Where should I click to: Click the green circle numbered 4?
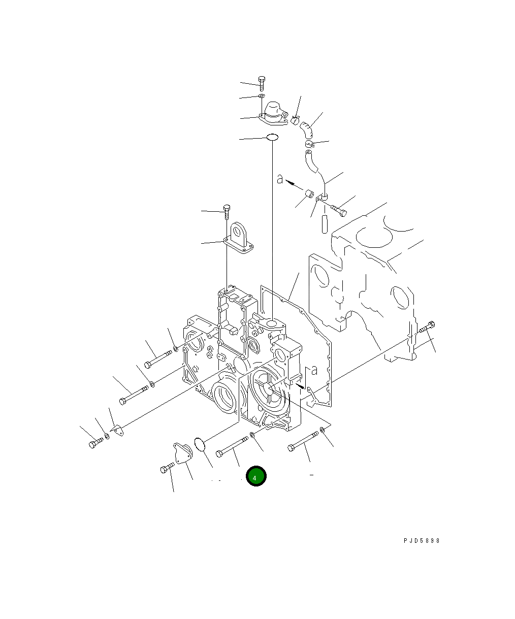click(x=256, y=476)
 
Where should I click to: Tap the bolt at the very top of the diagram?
click(x=262, y=84)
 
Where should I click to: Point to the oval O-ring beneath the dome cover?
click(x=272, y=137)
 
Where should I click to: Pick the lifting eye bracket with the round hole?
click(x=238, y=239)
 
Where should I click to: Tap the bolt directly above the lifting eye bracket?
click(x=227, y=212)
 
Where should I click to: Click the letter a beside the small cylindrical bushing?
click(x=279, y=179)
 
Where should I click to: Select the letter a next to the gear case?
click(x=314, y=370)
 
